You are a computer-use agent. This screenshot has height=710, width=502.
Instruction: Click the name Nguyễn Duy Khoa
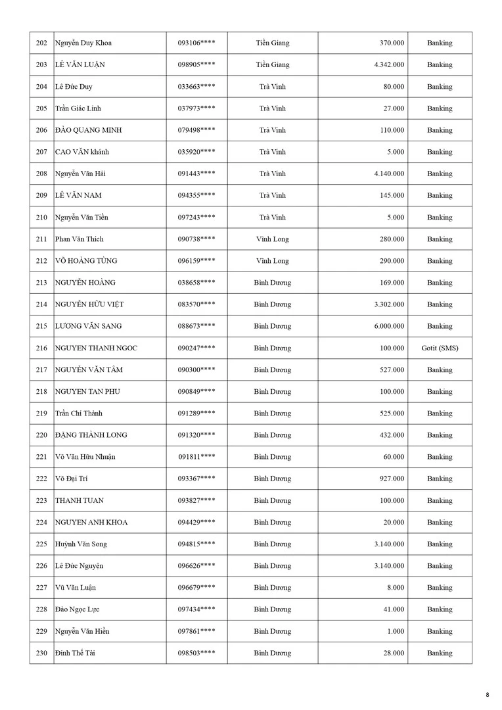tap(83, 43)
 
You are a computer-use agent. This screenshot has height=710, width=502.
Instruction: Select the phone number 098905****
tap(196, 65)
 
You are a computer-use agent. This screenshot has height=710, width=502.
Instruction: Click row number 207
tap(41, 152)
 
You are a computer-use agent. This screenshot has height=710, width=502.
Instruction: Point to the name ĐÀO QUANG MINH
tap(89, 130)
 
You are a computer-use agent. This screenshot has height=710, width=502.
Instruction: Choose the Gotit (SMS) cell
tap(440, 348)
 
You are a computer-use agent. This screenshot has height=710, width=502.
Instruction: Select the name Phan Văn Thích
tap(80, 239)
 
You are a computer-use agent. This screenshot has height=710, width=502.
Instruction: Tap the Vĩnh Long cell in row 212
tap(273, 261)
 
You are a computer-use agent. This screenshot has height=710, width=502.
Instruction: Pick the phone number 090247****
tap(196, 348)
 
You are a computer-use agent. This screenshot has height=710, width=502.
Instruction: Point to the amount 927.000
tap(392, 479)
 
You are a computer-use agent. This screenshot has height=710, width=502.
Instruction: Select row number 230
tap(41, 653)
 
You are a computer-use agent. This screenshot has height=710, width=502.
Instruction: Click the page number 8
tap(488, 695)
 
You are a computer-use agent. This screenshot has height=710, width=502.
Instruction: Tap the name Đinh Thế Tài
tap(76, 653)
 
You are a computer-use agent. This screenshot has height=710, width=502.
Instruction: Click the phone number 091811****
tap(196, 457)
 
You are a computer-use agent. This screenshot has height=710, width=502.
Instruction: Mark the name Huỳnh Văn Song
tap(81, 544)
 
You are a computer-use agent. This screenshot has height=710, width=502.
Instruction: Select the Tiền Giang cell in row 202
tap(273, 43)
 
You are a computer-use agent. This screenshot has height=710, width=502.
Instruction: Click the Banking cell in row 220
tap(440, 435)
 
